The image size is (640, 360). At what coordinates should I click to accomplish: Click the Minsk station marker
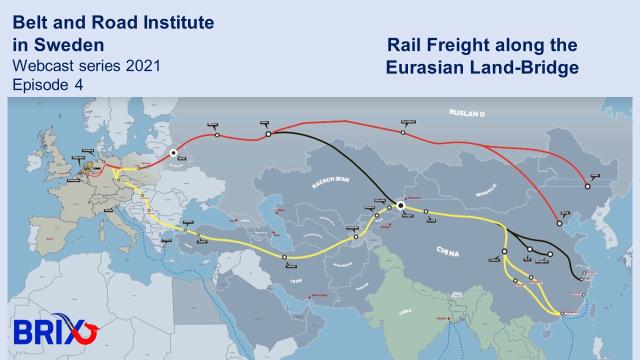tap(173, 152)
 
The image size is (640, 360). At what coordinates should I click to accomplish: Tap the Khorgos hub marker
tap(400, 205)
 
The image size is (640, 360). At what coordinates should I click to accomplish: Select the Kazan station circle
tap(268, 134)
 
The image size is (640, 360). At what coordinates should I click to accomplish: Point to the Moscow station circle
tap(216, 135)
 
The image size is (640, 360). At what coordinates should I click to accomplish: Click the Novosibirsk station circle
tap(402, 132)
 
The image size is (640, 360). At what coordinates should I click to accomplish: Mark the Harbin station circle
tap(587, 186)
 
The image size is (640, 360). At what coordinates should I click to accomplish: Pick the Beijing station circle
tap(559, 223)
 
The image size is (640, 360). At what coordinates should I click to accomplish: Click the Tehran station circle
tap(284, 257)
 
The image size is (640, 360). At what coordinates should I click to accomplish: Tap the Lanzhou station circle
tap(504, 251)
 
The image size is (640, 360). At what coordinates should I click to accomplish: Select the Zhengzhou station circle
tap(550, 254)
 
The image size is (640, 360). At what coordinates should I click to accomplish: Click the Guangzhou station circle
tap(562, 313)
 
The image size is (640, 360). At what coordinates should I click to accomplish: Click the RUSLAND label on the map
tap(467, 113)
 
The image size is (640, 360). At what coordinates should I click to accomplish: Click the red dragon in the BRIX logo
tap(90, 330)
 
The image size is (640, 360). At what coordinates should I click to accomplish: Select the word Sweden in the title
tap(69, 45)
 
